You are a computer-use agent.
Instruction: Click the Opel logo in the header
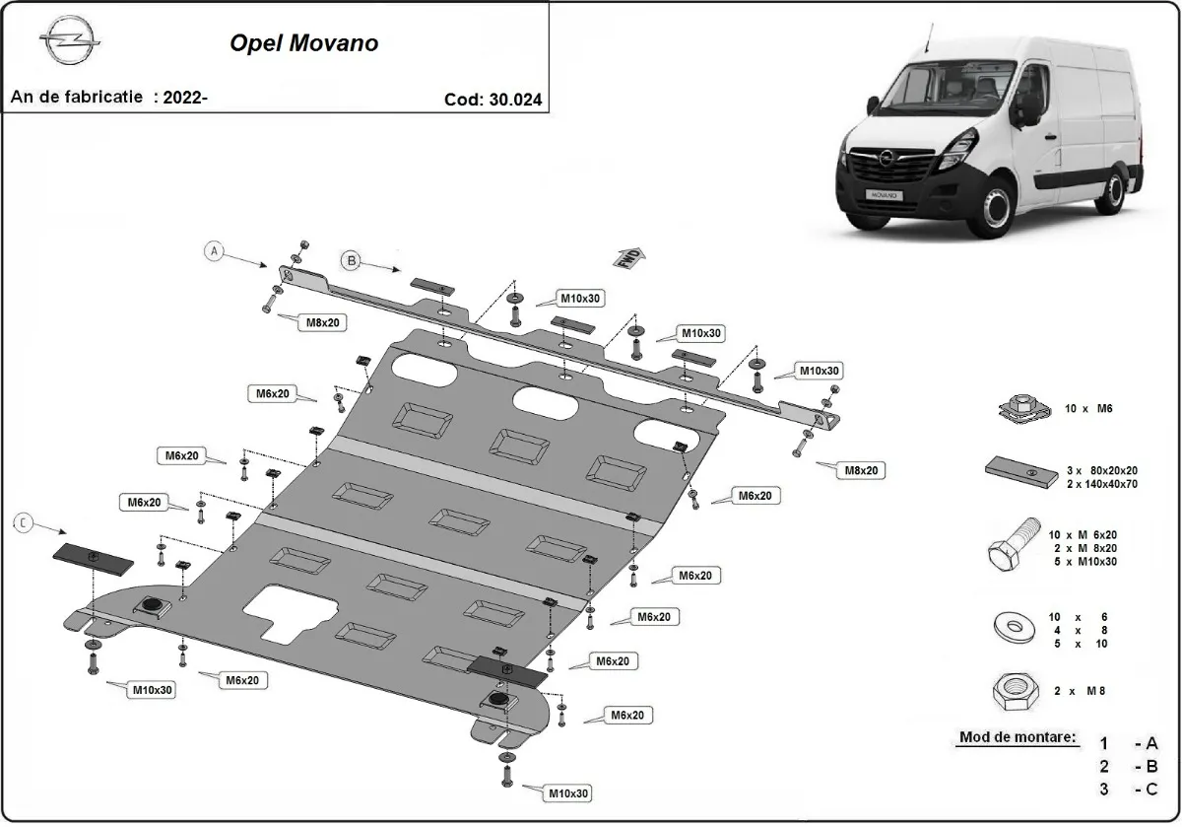[70, 44]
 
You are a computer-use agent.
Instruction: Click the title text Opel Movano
[303, 43]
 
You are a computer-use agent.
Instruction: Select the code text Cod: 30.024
[493, 99]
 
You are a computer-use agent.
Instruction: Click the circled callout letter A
[215, 251]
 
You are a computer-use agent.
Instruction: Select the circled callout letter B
[351, 260]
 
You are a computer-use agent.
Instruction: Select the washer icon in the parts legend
[1014, 627]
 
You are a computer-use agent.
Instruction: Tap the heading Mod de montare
[1018, 737]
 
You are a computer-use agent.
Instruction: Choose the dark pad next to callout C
[93, 559]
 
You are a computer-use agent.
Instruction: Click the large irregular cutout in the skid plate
[289, 609]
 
